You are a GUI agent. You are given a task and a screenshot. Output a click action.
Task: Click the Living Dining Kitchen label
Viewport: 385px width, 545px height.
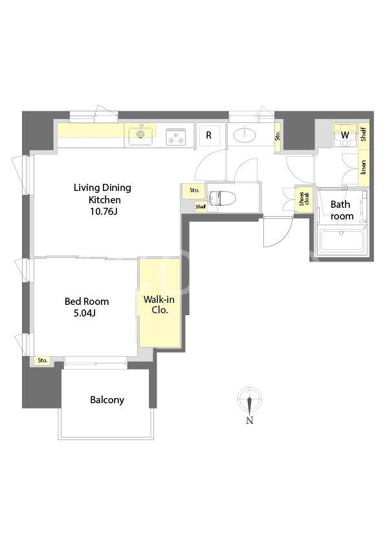coord(102,194)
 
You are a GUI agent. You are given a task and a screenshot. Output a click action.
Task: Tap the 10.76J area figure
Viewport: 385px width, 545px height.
coord(104,211)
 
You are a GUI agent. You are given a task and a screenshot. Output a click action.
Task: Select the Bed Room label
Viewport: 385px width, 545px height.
coord(87,302)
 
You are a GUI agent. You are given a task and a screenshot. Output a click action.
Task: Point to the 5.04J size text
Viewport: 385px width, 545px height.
coord(84,313)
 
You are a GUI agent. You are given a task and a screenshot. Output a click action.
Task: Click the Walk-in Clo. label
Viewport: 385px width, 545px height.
coord(159,304)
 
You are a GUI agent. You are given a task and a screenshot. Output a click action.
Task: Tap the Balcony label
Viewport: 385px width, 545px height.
coord(107,400)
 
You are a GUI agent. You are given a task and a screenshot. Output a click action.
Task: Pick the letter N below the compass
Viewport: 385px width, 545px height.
coord(250,420)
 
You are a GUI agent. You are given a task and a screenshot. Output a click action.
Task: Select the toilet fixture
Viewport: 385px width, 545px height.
coord(222,199)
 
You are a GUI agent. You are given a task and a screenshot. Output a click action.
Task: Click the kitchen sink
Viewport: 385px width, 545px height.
coord(141,134)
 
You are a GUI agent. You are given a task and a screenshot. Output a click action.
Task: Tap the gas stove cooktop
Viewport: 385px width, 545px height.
coord(176,136)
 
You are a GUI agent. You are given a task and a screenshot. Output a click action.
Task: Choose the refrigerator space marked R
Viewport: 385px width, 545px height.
coord(208,135)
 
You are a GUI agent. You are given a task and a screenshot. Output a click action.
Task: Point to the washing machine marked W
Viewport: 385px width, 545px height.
coord(345,135)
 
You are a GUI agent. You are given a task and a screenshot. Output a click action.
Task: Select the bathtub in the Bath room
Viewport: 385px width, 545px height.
coord(342,241)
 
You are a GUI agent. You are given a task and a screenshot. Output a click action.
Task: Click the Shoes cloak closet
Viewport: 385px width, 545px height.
coord(302,199)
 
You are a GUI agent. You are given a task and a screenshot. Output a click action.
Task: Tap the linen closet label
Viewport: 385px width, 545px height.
coord(364,167)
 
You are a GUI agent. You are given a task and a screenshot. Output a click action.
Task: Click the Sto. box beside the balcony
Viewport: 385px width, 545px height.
coord(43,361)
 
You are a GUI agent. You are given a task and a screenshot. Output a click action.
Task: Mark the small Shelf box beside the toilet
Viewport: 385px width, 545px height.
coord(201,206)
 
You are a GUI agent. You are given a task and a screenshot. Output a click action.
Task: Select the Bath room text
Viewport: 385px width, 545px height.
coord(342,210)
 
